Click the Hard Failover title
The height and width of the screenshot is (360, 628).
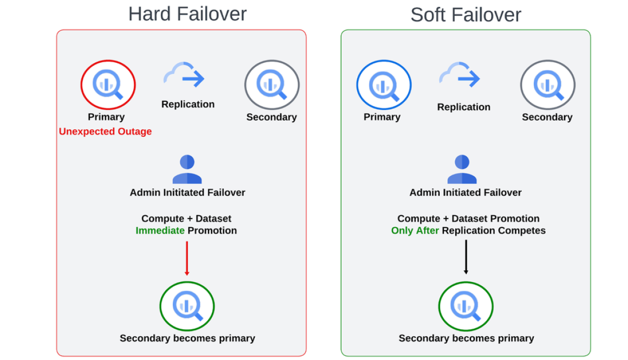(187, 14)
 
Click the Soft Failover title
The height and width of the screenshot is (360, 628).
(466, 15)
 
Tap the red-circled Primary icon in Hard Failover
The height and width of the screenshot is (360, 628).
(108, 85)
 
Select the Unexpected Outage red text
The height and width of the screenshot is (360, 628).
(105, 132)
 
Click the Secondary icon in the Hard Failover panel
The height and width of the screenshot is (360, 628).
(272, 85)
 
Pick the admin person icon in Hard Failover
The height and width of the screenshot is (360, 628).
(187, 169)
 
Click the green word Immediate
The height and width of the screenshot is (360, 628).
(159, 231)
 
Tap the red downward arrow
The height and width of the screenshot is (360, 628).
(187, 258)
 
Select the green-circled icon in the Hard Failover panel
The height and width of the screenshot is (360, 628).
(187, 306)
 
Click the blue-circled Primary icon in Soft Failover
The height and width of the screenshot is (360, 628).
(384, 85)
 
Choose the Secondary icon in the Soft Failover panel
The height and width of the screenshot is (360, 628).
(547, 85)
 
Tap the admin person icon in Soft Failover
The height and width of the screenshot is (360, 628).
(462, 169)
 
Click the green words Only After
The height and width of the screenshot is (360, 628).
(415, 231)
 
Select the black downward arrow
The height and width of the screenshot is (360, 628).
(466, 258)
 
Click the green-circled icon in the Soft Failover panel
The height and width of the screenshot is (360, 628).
(466, 306)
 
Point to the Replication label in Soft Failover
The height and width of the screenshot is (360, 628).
(464, 107)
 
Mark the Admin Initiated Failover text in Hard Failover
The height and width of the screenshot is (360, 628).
(187, 193)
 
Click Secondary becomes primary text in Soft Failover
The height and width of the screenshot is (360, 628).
(466, 338)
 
